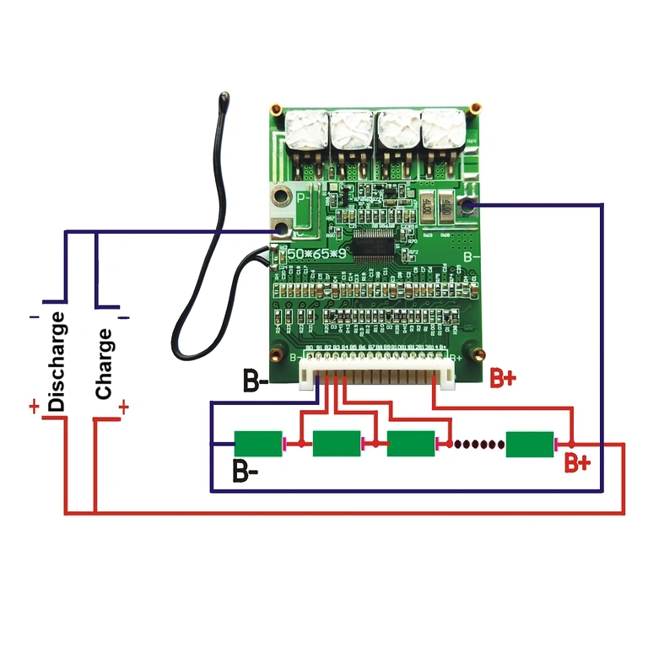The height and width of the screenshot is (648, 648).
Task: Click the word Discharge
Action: [x=57, y=361]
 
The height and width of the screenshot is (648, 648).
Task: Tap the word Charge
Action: [x=104, y=364]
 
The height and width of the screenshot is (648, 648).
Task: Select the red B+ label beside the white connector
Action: [x=503, y=378]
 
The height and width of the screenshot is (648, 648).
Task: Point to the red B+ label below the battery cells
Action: [x=577, y=462]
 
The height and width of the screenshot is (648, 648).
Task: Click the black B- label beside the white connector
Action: [x=256, y=381]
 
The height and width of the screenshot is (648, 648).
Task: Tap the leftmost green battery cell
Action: [x=258, y=443]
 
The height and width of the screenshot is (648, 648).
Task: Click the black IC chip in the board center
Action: [x=377, y=246]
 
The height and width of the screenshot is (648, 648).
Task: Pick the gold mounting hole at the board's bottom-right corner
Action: [x=478, y=354]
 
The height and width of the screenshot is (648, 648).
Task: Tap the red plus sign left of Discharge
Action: [x=34, y=408]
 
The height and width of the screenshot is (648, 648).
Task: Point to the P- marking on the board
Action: [x=304, y=198]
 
